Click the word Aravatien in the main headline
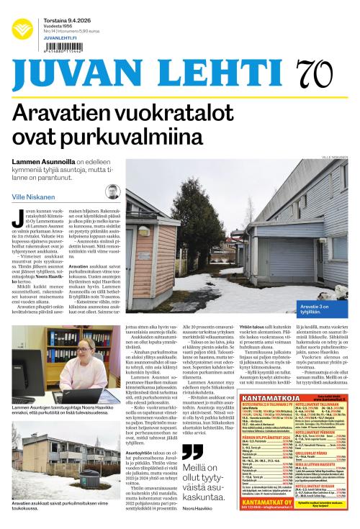pos(72,113)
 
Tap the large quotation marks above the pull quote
pos(192,452)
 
